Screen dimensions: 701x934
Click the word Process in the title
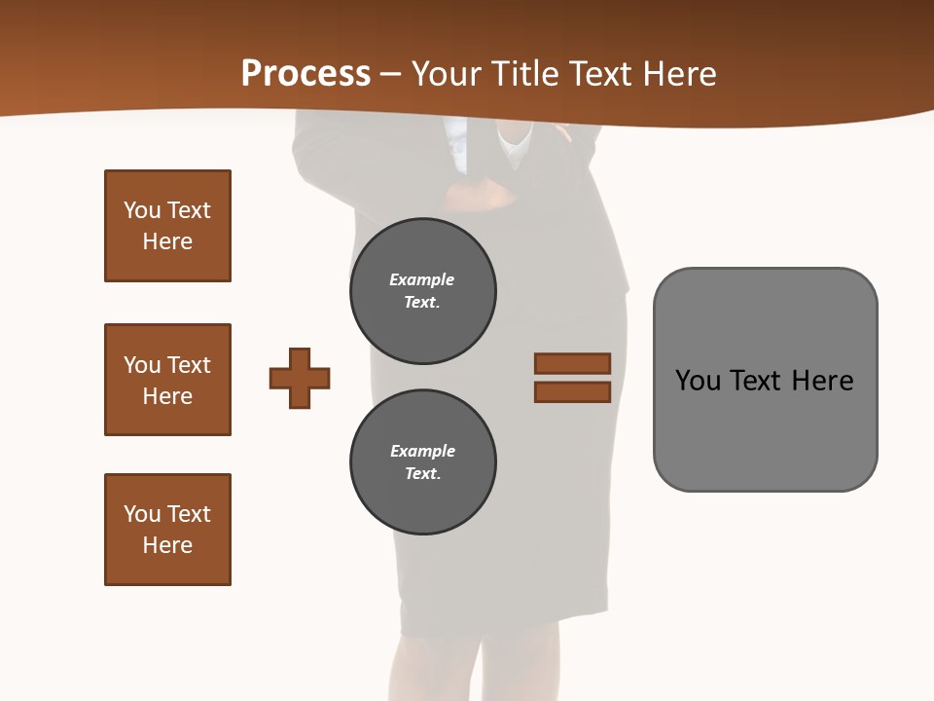(305, 74)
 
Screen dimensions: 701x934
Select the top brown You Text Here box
(167, 226)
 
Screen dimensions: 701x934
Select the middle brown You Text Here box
(167, 380)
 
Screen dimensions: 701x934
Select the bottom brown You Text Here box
(167, 530)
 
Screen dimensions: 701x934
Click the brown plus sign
(300, 378)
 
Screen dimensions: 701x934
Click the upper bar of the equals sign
(572, 363)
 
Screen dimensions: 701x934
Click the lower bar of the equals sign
(572, 392)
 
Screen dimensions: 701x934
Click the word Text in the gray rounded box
(758, 381)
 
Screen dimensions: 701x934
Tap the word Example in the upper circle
(421, 279)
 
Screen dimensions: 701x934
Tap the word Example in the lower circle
(422, 451)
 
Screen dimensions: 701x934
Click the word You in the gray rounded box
(698, 381)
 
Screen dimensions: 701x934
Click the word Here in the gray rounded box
(822, 381)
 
